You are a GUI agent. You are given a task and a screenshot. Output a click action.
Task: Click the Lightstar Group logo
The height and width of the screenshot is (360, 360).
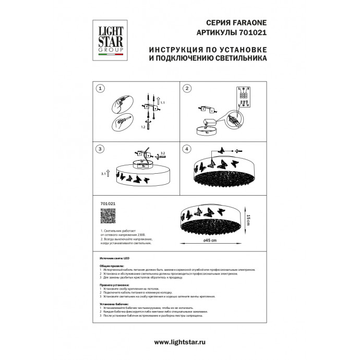coord(108,38)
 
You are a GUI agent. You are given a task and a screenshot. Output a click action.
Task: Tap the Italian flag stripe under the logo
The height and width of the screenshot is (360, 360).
coord(108,54)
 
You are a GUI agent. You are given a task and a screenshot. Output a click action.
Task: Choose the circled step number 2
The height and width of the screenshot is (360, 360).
coord(186,89)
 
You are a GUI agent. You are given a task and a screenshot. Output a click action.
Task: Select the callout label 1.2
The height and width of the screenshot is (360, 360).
coord(143,126)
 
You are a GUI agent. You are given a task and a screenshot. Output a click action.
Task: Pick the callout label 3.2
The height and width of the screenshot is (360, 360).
coord(162,153)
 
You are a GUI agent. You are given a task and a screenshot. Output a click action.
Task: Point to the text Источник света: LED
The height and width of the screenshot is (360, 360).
coord(116,259)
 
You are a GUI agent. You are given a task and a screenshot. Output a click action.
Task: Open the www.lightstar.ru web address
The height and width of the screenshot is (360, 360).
coord(180,342)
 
